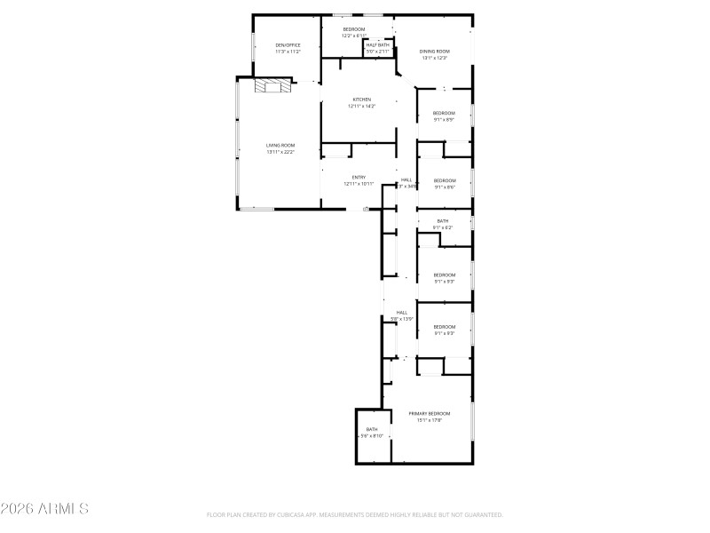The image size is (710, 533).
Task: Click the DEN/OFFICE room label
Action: point(287,45)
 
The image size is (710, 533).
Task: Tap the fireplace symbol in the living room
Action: point(272,85)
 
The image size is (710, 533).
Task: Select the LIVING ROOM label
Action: point(280,145)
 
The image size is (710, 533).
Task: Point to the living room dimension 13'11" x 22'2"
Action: point(280,152)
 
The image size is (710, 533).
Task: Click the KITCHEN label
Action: point(361,99)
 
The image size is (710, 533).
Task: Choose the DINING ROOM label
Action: point(435,52)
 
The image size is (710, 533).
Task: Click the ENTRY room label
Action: point(359,177)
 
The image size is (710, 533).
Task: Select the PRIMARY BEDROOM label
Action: point(430,414)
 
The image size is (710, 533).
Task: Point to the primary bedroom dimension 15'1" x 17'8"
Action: point(430,420)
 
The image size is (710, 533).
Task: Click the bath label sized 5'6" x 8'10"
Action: point(372,429)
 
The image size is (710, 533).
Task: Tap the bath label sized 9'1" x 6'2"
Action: point(443,221)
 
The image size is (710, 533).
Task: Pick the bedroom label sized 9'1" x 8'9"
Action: point(444,113)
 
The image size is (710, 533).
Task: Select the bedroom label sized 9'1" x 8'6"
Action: point(444,180)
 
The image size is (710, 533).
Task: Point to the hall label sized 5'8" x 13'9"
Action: point(402,313)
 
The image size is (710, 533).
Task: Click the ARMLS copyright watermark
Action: point(44,509)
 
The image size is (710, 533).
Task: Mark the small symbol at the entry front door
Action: point(366,209)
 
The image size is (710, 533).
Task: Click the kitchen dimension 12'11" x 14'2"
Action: point(361,107)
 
